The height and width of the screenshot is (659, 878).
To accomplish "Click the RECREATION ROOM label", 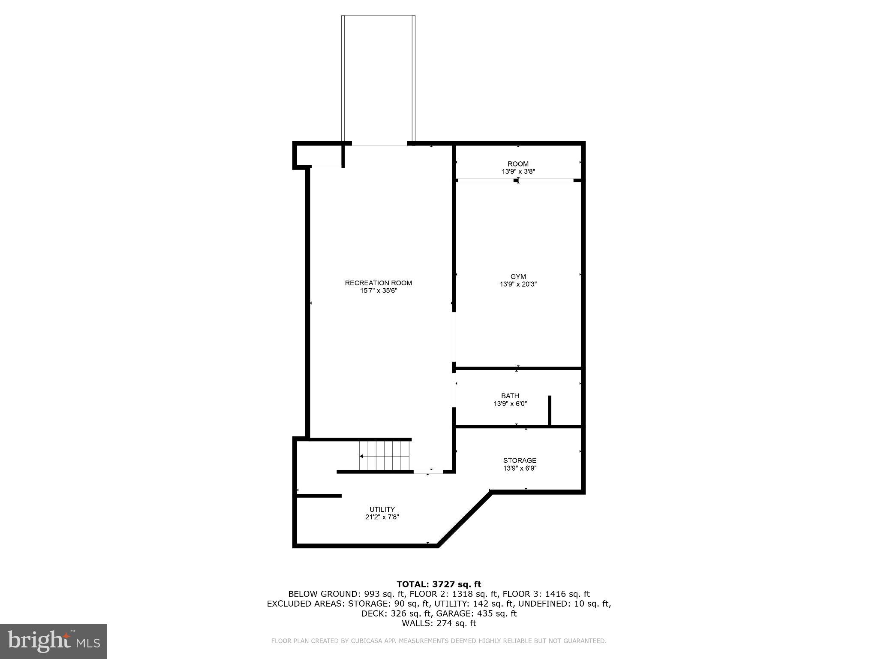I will [378, 283].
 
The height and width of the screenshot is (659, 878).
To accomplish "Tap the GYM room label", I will [518, 277].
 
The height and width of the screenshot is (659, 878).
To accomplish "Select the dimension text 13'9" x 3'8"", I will [518, 172].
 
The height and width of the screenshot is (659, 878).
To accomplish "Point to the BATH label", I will [510, 396].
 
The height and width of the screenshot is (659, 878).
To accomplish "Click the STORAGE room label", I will [520, 460].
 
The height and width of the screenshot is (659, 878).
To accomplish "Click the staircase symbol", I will [385, 456].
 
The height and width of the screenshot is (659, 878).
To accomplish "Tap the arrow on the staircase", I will [362, 456].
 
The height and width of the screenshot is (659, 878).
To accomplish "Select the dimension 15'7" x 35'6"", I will [378, 290].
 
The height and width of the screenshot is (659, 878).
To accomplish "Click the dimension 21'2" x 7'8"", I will [379, 517].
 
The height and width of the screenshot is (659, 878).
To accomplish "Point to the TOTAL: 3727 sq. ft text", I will [439, 584].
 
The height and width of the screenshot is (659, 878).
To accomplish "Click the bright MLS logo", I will [54, 641].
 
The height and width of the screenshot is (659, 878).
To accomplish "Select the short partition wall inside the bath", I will [549, 410].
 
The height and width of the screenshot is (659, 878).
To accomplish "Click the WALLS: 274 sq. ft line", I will [439, 623].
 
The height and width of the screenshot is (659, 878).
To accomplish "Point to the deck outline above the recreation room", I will [378, 79].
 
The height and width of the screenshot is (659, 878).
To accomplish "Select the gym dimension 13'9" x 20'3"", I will [518, 284].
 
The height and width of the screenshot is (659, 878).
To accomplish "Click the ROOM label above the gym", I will [518, 164].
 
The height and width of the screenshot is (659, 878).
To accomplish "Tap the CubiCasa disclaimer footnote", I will [439, 641].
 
